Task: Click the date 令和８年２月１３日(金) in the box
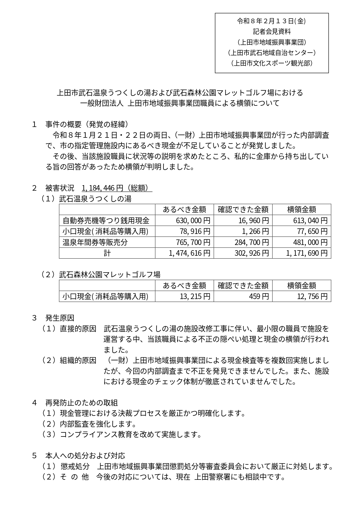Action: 271,21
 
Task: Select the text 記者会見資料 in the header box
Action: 271,31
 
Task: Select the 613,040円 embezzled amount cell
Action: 310,221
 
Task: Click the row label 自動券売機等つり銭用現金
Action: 106,221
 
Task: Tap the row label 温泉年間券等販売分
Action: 95,242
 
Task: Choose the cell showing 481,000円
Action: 310,242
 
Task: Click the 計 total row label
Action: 107,253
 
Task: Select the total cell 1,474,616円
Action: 190,253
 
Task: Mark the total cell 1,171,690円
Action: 307,253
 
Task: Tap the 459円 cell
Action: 259,296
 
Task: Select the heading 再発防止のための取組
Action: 82,402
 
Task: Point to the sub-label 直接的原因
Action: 78,329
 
